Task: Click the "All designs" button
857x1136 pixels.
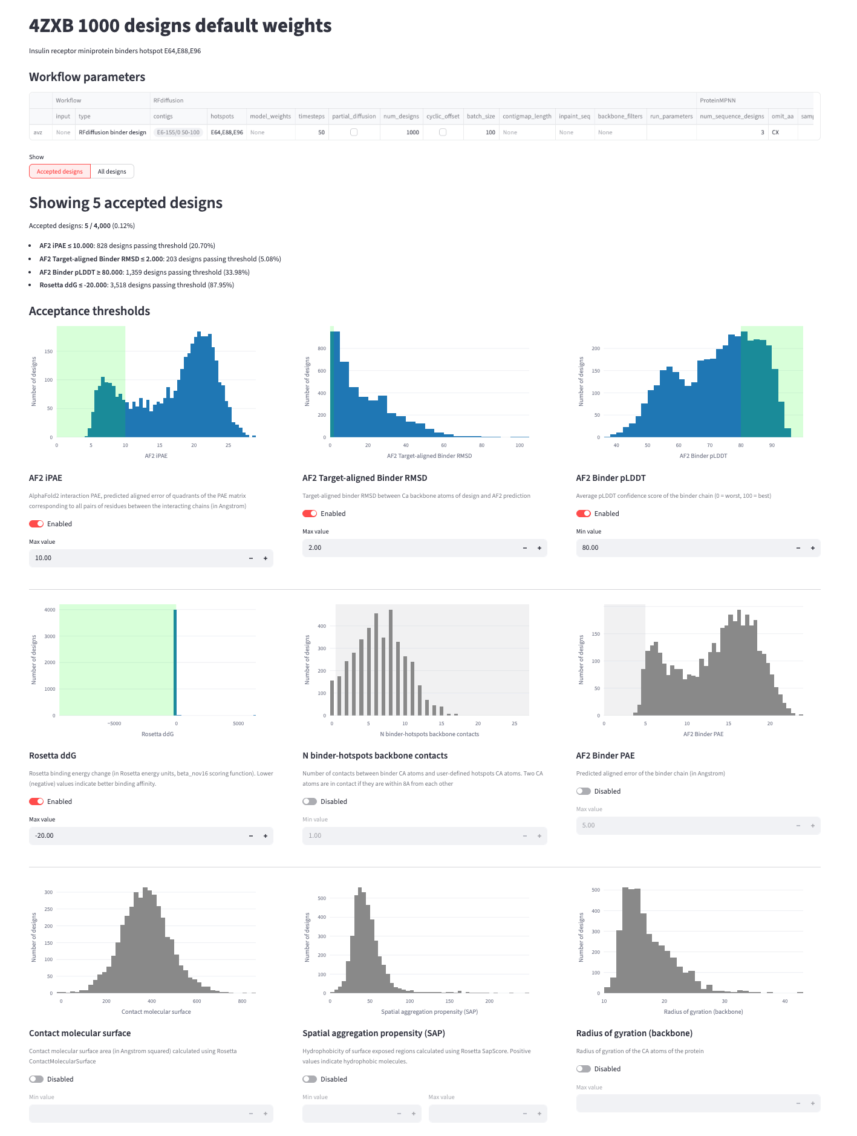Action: [112, 172]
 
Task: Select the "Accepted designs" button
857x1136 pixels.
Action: [60, 172]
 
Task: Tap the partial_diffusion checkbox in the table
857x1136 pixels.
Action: [354, 132]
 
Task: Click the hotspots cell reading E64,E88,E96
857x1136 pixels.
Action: [227, 132]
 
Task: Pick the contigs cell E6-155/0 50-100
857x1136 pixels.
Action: [178, 132]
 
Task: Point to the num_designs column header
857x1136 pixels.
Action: [401, 116]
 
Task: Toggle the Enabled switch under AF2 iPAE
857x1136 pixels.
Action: [36, 524]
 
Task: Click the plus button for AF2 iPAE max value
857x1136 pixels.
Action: [266, 558]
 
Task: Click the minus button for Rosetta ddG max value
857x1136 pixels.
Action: [251, 836]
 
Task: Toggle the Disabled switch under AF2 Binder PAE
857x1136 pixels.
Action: [584, 791]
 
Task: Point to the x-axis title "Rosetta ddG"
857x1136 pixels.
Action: [157, 734]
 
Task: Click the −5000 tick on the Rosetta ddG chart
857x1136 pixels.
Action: [114, 724]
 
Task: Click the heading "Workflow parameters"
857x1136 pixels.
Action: [87, 77]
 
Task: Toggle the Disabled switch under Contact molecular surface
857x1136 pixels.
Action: [36, 1079]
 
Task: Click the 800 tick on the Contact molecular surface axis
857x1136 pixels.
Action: [243, 1002]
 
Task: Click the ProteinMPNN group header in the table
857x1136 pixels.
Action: [717, 100]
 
